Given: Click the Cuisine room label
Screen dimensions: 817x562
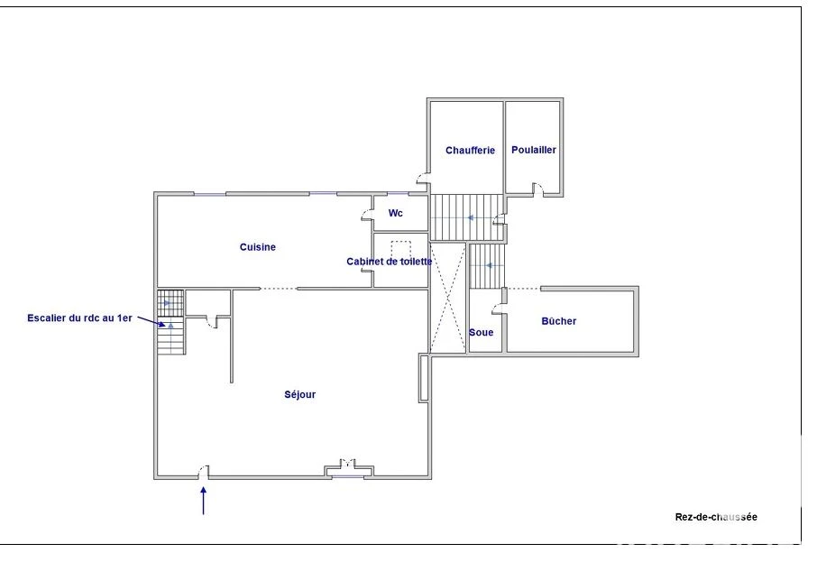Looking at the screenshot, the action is tap(257, 247).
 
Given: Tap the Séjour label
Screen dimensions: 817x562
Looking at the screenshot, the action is tap(299, 394).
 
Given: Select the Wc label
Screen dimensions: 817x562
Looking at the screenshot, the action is tap(396, 213).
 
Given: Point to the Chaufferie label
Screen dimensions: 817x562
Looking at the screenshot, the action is tap(470, 150).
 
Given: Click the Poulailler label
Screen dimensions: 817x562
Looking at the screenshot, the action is tap(534, 150).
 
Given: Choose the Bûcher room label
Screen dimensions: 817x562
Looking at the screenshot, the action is tap(558, 321).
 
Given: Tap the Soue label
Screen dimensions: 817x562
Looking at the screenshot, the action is tap(481, 333).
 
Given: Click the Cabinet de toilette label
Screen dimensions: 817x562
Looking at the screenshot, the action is tap(390, 262).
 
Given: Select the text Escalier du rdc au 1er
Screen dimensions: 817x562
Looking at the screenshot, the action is tap(79, 318).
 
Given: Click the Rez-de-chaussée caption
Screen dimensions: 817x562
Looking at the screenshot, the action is tap(716, 517).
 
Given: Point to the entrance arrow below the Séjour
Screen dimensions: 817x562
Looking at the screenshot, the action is tap(203, 501).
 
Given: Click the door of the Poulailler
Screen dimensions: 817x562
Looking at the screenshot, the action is tap(537, 189).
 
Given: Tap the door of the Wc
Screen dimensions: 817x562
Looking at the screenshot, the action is tap(368, 215).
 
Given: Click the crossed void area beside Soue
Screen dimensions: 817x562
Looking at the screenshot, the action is tap(448, 298).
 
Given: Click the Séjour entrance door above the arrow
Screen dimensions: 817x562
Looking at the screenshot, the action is tap(204, 473).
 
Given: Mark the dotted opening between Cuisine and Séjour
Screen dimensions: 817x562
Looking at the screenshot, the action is tap(279, 289).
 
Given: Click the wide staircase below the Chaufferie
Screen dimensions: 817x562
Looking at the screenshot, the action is tap(467, 217).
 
